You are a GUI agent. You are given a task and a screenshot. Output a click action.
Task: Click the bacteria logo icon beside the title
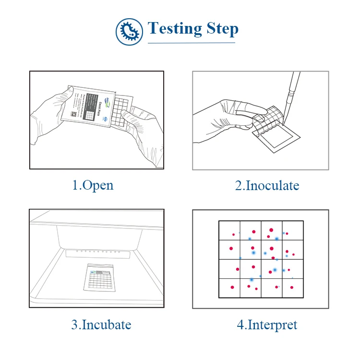tap(130, 32)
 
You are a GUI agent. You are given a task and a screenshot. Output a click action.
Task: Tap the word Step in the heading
tap(223, 30)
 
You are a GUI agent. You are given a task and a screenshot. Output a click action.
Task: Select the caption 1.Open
tap(93, 185)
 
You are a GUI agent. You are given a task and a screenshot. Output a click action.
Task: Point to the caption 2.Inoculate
tap(267, 185)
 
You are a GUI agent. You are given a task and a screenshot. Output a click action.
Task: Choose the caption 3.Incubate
tap(101, 324)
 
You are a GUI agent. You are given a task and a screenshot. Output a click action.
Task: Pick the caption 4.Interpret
tap(267, 325)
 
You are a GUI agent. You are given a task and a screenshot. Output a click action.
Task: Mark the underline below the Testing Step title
tap(192, 43)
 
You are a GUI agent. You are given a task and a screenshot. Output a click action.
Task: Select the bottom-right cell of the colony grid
tap(293, 288)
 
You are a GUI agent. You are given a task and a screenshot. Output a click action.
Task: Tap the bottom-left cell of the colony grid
tap(229, 288)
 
